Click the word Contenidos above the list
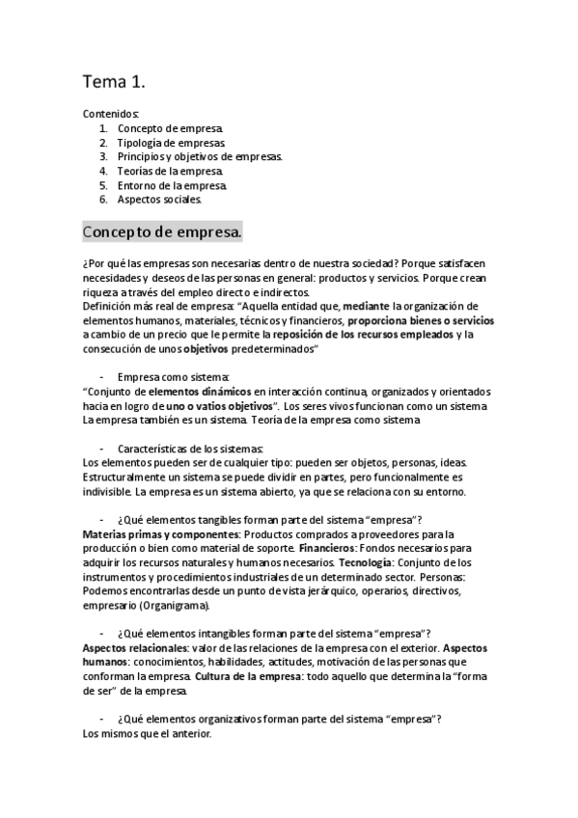point(111,113)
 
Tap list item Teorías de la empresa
point(170,171)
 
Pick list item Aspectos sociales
point(160,200)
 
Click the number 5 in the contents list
point(102,185)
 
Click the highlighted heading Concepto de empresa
point(162,233)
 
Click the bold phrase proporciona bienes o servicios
point(421,320)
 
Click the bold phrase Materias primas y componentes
point(161,534)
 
